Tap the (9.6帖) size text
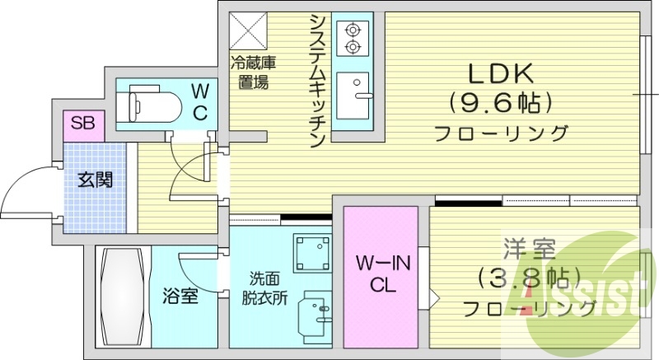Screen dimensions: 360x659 click(x=500, y=104)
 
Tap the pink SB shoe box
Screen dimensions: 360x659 click(x=82, y=124)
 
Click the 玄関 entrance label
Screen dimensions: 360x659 click(x=95, y=179)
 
